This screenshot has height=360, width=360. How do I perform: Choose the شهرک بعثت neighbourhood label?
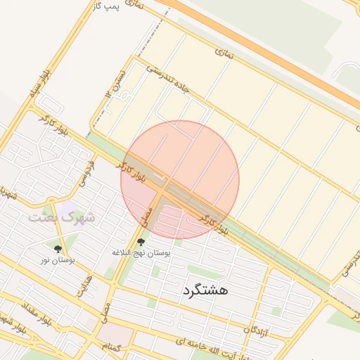click(x=61, y=217)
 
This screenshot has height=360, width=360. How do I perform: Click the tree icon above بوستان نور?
click(x=58, y=249)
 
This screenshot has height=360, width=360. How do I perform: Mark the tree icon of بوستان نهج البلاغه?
click(x=141, y=241)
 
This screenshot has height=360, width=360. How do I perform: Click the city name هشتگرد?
click(x=205, y=289)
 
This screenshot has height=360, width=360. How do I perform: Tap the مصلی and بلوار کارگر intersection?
click(x=164, y=188)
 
